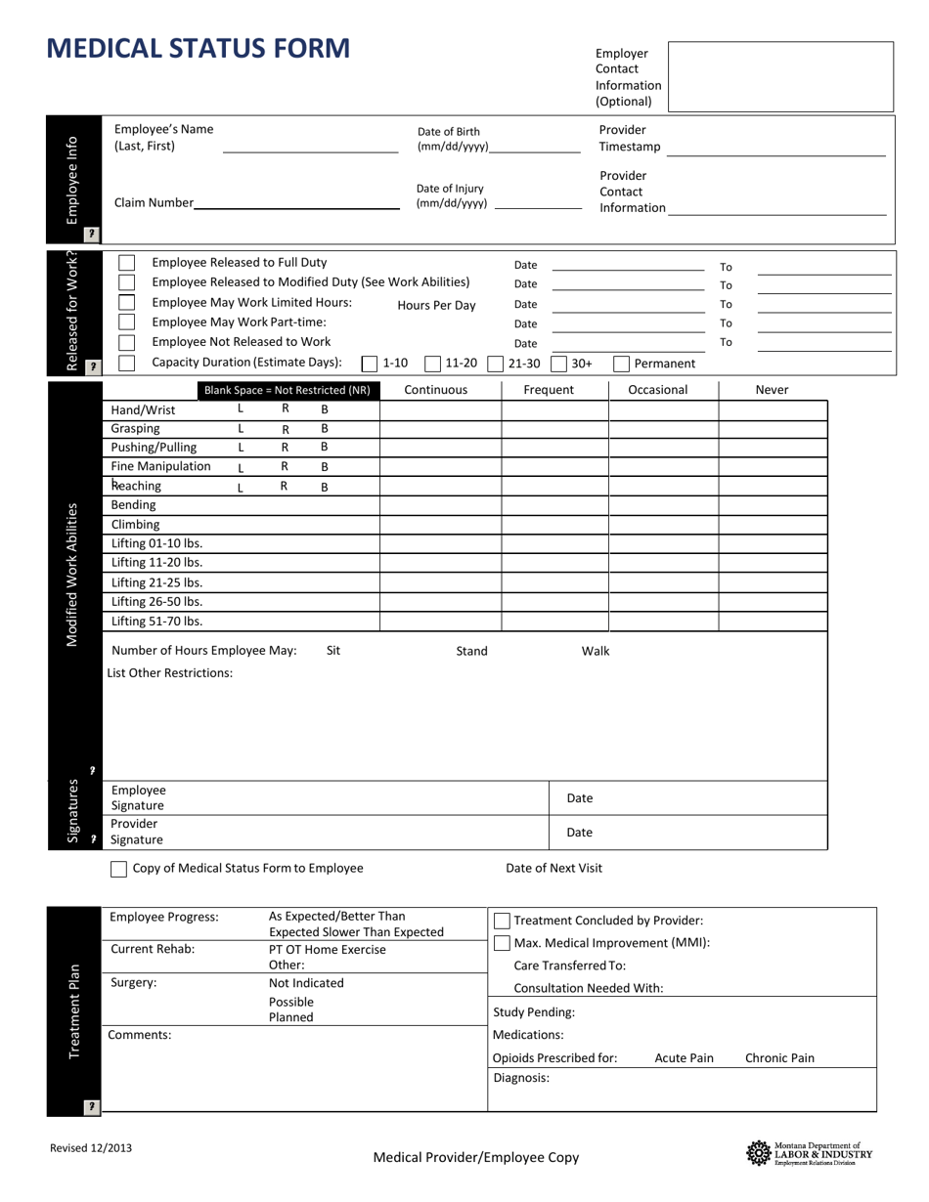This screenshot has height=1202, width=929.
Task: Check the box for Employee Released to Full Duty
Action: pyautogui.click(x=127, y=263)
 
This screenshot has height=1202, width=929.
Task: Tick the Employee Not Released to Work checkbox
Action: pyautogui.click(x=127, y=342)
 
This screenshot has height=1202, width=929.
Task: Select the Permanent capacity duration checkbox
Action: pyautogui.click(x=621, y=364)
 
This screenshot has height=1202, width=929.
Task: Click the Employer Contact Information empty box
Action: pyautogui.click(x=780, y=76)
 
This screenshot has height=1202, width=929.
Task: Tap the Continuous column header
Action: pyautogui.click(x=436, y=390)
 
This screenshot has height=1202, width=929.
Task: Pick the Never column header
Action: pyautogui.click(x=772, y=390)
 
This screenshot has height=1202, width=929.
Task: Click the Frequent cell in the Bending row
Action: pyautogui.click(x=554, y=505)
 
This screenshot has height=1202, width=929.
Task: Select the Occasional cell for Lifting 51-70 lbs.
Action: pyautogui.click(x=663, y=621)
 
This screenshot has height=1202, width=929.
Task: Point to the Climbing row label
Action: pyautogui.click(x=135, y=525)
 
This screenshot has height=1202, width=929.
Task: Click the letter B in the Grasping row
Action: pyautogui.click(x=325, y=428)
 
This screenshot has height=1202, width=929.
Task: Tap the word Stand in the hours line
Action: pyautogui.click(x=471, y=651)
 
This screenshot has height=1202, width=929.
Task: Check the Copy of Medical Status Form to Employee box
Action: pyautogui.click(x=119, y=869)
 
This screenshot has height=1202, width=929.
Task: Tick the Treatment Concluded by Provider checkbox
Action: pyautogui.click(x=502, y=921)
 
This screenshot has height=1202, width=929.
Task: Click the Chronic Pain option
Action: pyautogui.click(x=779, y=1057)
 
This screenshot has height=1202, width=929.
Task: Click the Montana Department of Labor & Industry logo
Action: pyautogui.click(x=810, y=1153)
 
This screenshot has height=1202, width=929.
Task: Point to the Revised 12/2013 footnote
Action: pyautogui.click(x=91, y=1148)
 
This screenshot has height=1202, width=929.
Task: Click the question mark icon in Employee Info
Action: pyautogui.click(x=91, y=234)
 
